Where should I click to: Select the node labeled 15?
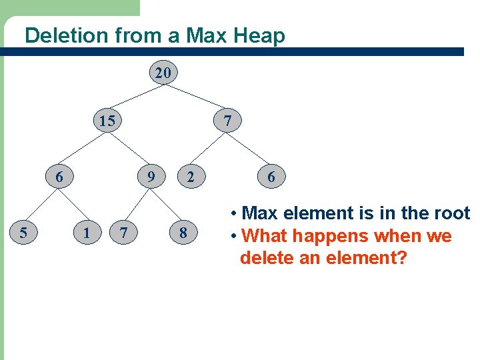[107, 121]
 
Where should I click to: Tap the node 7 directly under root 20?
[228, 121]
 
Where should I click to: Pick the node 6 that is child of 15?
[59, 177]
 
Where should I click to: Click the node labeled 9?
[151, 177]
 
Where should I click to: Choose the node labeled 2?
[191, 177]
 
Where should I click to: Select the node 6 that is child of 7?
[271, 177]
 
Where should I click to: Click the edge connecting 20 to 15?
[135, 97]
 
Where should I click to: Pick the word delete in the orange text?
[271, 257]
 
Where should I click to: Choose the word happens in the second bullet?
[336, 236]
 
